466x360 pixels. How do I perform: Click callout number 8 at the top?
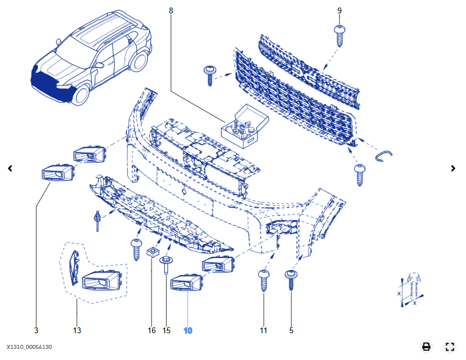click(171, 10)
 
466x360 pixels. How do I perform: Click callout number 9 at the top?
click(340, 10)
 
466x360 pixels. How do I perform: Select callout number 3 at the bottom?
click(36, 330)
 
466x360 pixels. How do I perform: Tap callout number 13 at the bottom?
click(77, 330)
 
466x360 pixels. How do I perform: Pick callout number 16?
click(151, 330)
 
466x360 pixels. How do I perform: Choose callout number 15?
click(166, 330)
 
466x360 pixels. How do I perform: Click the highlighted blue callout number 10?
click(188, 330)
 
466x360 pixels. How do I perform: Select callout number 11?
click(263, 330)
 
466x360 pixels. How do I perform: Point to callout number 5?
click(291, 330)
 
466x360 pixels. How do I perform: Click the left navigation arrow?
click(10, 168)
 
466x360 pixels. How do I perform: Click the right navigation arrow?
click(453, 168)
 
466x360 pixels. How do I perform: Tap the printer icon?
click(426, 347)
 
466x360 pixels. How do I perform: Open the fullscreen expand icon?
click(449, 347)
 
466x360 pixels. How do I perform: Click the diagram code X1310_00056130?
click(30, 347)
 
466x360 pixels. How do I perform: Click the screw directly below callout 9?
click(340, 34)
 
